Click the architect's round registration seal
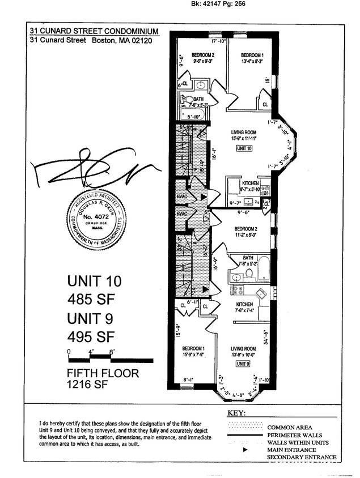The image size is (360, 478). pos(95,220)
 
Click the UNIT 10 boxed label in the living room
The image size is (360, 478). pos(245,148)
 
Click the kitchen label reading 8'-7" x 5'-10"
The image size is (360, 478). pos(249,186)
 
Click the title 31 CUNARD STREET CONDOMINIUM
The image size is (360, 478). pos(94,32)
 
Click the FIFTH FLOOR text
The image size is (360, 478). pos(103,374)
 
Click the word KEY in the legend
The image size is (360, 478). pos(237,413)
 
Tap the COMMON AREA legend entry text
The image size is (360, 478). pos(291,427)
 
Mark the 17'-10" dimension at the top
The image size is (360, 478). pos(219,41)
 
